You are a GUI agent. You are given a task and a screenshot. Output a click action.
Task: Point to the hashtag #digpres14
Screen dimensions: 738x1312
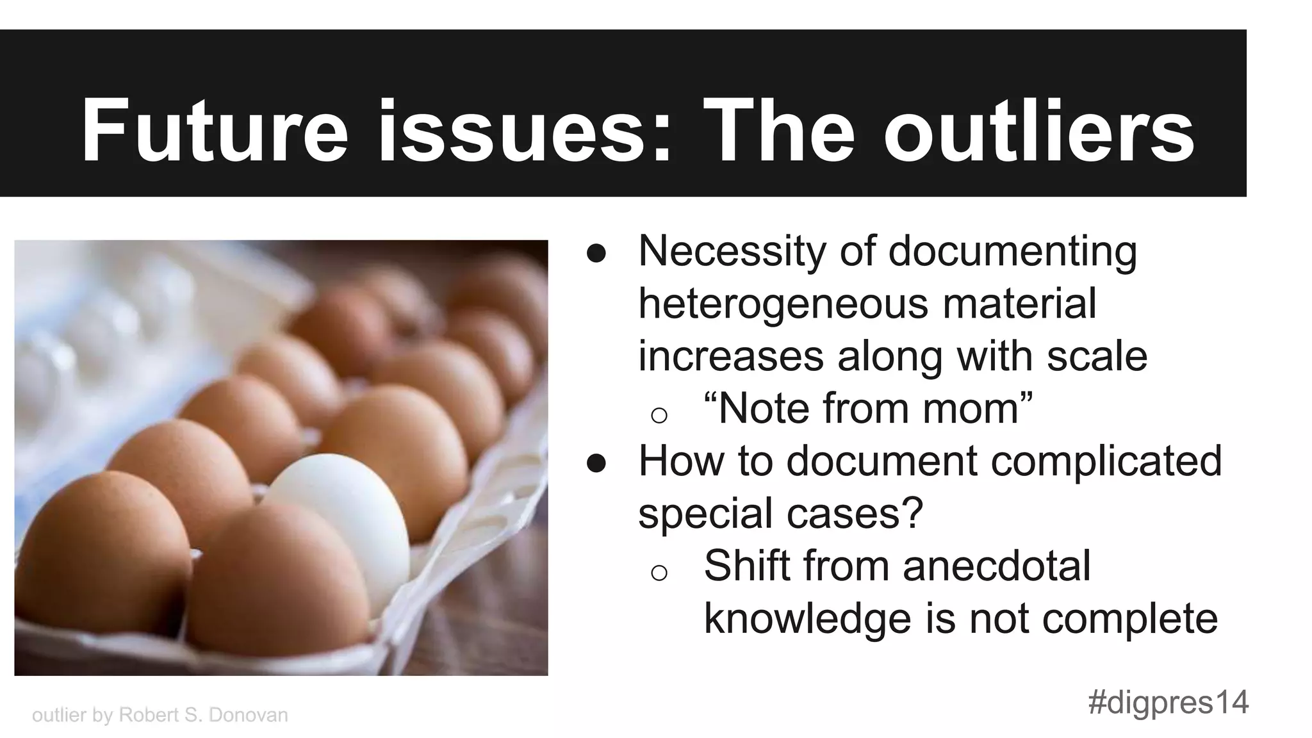pyautogui.click(x=1168, y=703)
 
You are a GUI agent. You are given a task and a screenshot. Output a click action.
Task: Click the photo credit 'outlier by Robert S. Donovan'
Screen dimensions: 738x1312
pyautogui.click(x=160, y=715)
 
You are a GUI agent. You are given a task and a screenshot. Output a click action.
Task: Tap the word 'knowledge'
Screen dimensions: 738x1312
pyautogui.click(x=807, y=619)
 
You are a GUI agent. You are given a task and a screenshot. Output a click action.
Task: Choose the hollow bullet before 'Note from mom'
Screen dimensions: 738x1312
pyautogui.click(x=659, y=415)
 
